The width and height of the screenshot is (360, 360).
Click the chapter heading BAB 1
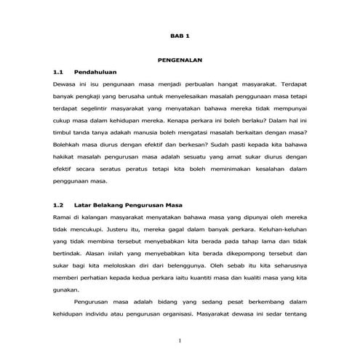(x=179, y=35)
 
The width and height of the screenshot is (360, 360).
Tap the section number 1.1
(x=60, y=73)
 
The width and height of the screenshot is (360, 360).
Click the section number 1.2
(x=60, y=205)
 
